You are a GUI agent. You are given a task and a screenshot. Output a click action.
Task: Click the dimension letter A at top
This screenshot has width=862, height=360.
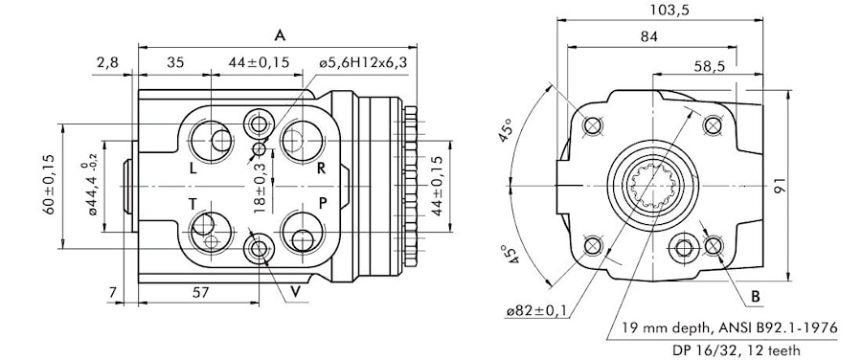point(280,36)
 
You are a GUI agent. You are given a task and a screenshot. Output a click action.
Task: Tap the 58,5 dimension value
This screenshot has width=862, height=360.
point(709,66)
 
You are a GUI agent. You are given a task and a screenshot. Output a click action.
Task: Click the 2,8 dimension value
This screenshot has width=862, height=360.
point(107,62)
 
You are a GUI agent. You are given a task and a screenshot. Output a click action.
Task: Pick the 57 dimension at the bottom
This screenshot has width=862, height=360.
point(201,292)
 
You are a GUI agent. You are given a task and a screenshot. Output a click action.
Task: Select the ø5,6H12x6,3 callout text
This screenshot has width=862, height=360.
point(363,62)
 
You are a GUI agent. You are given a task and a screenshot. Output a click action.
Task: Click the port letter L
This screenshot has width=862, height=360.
point(193,169)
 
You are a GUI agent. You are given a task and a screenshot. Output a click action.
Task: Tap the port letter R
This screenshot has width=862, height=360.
point(322,169)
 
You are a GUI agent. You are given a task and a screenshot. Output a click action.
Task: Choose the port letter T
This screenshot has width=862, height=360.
point(193,205)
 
